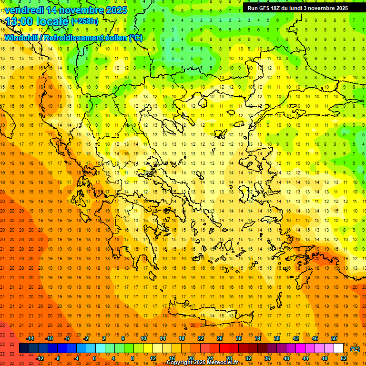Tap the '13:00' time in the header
[18, 21]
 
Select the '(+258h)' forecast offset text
[85, 21]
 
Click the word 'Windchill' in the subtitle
[22, 38]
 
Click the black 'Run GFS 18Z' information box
[297, 8]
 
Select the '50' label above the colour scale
[334, 338]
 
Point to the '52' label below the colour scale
[344, 358]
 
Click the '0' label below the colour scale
[94, 358]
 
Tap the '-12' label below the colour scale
[40, 358]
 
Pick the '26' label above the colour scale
[220, 338]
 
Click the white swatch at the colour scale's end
[339, 348]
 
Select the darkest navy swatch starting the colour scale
[24, 348]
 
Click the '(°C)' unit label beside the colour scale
[355, 349]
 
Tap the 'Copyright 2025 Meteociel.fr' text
[202, 363]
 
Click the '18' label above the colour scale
[182, 338]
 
